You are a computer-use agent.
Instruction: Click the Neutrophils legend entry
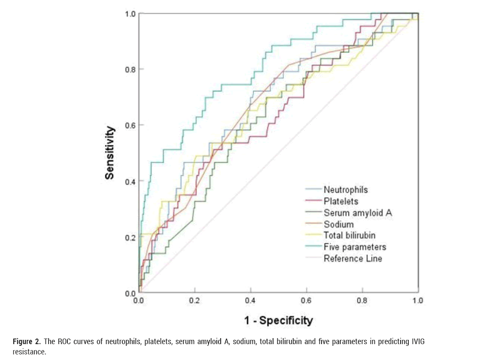[346, 189]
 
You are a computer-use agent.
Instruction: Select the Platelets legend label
[341, 201]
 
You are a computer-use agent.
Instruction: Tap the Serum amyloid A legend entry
[358, 212]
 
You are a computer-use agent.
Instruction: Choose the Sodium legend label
[339, 224]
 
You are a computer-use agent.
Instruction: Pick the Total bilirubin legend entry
[349, 235]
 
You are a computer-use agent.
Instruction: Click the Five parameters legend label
[355, 247]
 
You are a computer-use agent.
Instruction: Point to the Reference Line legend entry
[352, 258]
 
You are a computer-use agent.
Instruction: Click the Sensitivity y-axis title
[110, 153]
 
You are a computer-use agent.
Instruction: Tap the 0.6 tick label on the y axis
[130, 125]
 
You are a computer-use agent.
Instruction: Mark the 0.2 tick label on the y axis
[130, 237]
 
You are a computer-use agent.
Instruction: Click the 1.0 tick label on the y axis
[130, 14]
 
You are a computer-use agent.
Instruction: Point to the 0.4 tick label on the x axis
[251, 301]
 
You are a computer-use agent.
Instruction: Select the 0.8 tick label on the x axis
[362, 301]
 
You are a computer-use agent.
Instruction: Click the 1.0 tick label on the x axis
[418, 301]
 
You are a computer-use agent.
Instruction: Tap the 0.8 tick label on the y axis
[130, 70]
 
